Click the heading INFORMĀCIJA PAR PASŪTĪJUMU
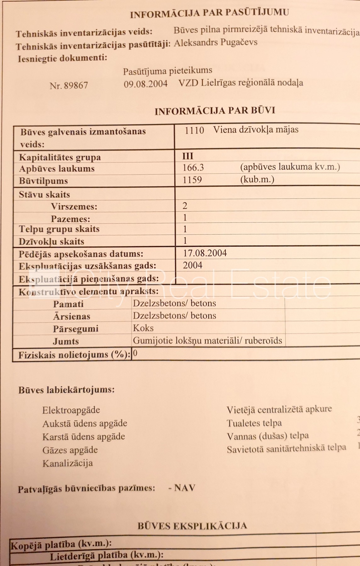point(209,13)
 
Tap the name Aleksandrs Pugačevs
point(216,43)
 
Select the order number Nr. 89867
point(69,86)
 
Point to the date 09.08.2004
point(145,84)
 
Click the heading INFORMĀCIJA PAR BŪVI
point(215,111)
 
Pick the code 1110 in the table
point(194,130)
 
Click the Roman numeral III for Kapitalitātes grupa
point(188,156)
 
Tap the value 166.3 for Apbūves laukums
point(193,167)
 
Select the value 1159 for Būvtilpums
point(192,180)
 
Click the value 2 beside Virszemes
point(185,206)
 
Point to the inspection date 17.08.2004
point(205,253)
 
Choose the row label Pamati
point(68,304)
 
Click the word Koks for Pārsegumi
point(143,328)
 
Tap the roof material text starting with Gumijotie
point(207,341)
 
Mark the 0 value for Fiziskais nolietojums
point(135,353)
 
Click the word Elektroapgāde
point(71,410)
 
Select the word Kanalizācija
point(68,463)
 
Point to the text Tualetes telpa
point(254,423)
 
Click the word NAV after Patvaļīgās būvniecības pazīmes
point(185,488)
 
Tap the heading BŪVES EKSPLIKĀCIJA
point(192,526)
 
